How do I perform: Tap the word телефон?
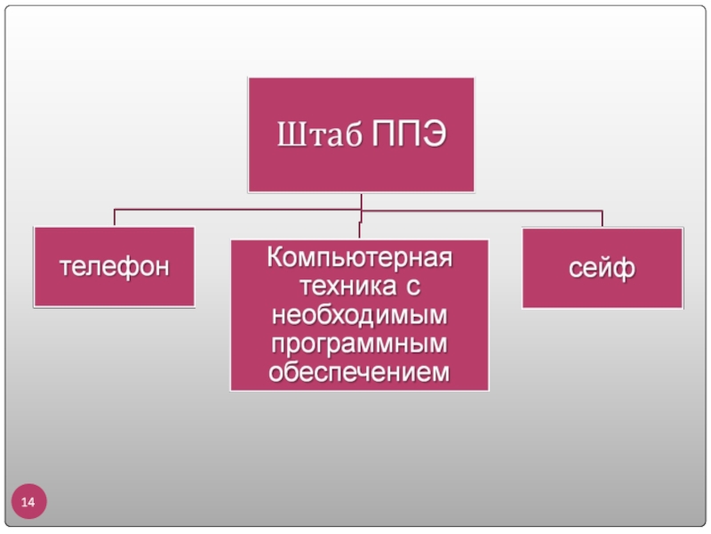114,267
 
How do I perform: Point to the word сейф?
602,268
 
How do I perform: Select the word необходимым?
359,315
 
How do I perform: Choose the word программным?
359,344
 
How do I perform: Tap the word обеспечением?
359,372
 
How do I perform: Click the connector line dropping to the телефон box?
114,218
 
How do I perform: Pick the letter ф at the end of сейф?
625,268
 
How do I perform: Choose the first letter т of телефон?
66,267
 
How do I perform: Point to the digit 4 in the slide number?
32,504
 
